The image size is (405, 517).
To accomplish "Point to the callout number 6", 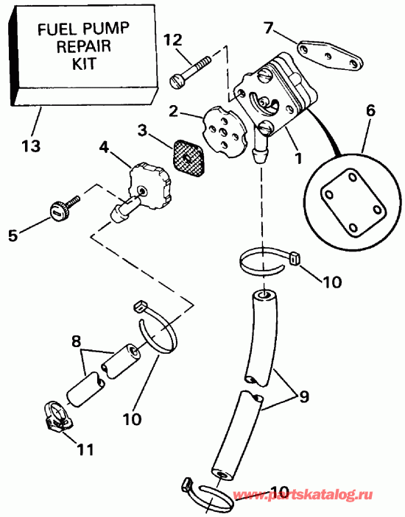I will tap(370, 111).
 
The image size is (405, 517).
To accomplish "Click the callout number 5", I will tap(13, 236).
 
